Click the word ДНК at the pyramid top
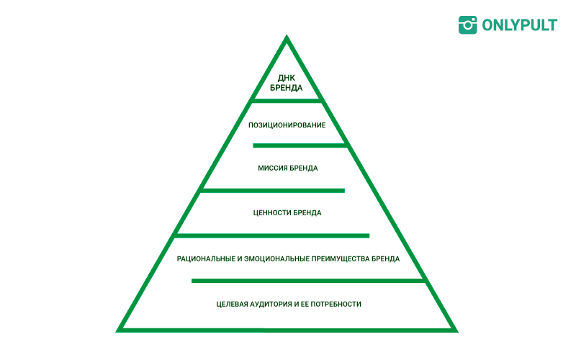point(286,78)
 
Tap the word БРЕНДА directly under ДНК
point(286,88)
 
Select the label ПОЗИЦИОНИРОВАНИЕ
point(287,125)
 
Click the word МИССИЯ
point(272,168)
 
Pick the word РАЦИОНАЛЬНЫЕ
point(206,259)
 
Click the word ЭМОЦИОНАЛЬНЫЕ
point(277,259)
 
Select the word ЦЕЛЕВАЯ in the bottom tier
point(232,304)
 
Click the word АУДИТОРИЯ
point(271,304)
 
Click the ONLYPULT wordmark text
point(519,25)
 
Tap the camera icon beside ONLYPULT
point(467,25)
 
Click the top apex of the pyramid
point(287,35)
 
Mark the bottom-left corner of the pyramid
point(117,332)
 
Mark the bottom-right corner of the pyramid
point(458,332)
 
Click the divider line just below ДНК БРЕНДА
point(287,100)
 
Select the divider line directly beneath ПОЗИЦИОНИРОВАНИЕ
point(300,146)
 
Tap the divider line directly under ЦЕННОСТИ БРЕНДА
point(273,236)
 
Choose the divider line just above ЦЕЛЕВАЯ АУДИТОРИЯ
point(309,281)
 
